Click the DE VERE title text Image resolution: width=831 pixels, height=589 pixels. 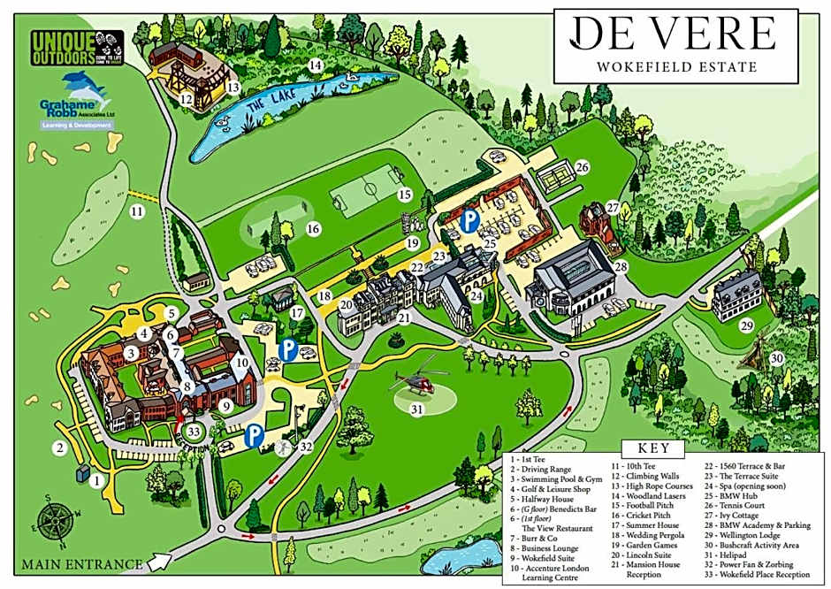click(x=673, y=34)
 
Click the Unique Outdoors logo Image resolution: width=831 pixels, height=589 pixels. click(x=73, y=47)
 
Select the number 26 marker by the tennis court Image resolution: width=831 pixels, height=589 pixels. click(x=582, y=167)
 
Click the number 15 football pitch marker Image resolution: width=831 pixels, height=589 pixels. click(x=405, y=194)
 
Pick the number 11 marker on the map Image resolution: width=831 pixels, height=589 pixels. click(x=136, y=211)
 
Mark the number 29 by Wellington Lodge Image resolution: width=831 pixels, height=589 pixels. click(x=747, y=326)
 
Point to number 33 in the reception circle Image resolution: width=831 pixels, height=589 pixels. click(x=194, y=430)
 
